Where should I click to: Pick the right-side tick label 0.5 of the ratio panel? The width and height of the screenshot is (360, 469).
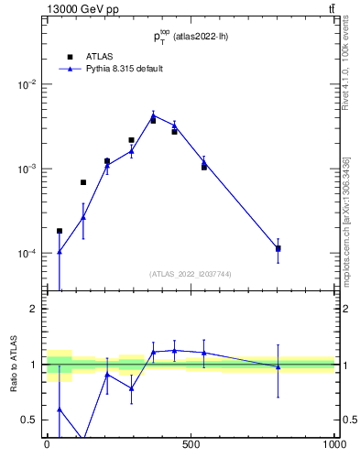point(348,420)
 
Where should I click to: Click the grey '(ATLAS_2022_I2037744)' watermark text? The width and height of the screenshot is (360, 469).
point(191,274)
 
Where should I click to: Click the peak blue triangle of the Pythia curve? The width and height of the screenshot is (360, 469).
point(153,115)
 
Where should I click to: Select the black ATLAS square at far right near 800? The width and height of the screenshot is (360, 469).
point(278,248)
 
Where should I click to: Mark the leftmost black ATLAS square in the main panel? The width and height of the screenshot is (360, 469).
point(60,231)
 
